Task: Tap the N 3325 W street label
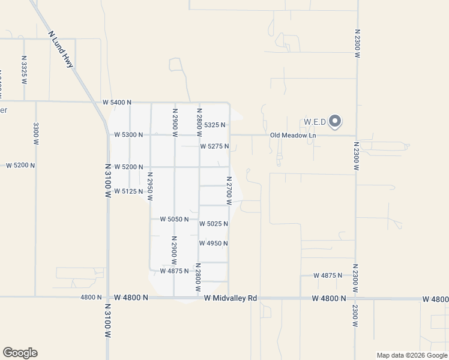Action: coord(24,70)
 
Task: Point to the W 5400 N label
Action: coord(116,103)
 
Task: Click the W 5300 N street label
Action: coord(128,134)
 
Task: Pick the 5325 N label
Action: coord(214,125)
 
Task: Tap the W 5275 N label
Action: coord(214,146)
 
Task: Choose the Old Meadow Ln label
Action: coord(292,136)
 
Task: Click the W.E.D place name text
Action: coord(315,122)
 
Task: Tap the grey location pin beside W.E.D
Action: coord(336,121)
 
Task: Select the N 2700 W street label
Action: coord(229,190)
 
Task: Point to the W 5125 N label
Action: coord(128,191)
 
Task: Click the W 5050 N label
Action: coord(174,219)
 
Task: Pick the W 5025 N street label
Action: coord(213,224)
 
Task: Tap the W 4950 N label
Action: coord(213,243)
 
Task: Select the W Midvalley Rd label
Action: coord(230,298)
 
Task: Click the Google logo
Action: coord(20,353)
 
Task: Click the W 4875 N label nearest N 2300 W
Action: coord(328,275)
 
